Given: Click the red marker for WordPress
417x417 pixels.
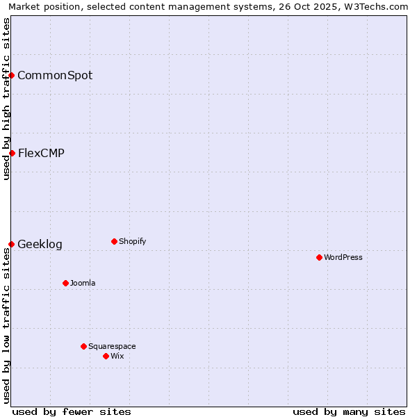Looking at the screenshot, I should point(319,257).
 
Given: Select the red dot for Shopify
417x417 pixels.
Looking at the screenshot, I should point(114,241).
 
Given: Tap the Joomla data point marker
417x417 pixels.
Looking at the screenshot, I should point(65,283).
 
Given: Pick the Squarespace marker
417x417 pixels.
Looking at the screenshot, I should point(83,346).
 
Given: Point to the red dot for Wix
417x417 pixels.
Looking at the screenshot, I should point(106,356).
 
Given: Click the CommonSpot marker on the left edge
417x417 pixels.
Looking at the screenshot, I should point(12,75).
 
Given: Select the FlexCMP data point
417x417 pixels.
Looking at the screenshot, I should point(12,153).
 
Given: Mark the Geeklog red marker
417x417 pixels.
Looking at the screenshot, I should point(12,244).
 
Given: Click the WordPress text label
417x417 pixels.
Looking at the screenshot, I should point(343,257).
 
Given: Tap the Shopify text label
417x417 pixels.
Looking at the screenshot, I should point(133,241).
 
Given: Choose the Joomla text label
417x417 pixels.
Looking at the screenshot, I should point(83,283).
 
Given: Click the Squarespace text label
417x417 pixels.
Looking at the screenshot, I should point(112,346).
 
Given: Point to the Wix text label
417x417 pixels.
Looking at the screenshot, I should point(117,356).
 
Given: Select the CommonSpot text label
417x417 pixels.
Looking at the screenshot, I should point(55,75).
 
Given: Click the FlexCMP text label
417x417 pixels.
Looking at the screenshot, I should point(41,153).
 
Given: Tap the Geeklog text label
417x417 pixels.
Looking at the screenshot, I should point(40,244).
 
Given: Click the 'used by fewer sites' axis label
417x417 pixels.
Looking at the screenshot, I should point(72,411).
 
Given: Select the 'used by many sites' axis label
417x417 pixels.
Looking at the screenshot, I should point(349,411).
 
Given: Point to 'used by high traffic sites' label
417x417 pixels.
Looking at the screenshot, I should point(6,99).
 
